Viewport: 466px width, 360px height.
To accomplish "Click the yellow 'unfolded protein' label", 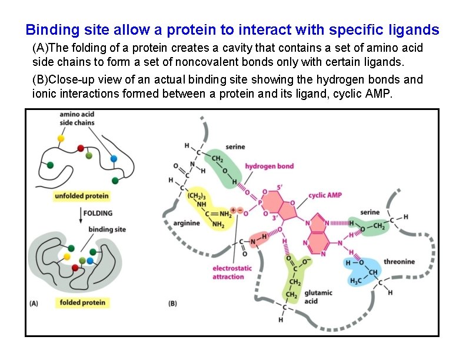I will (82, 195).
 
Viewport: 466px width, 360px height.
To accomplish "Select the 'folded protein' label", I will (82, 302).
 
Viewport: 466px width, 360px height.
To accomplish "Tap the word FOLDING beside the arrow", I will (98, 212).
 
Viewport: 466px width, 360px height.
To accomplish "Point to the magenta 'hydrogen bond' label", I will (269, 166).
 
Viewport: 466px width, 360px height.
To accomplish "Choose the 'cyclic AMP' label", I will (325, 195).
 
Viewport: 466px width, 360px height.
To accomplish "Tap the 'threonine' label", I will (399, 262).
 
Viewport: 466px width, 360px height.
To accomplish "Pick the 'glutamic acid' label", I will (318, 296).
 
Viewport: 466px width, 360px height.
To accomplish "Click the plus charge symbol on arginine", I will (234, 210).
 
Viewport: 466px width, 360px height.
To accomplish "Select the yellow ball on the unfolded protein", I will (61, 138).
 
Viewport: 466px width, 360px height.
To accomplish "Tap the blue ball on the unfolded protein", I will (114, 159).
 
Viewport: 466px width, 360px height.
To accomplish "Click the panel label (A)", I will (34, 304).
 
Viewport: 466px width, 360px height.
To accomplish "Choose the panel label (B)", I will (173, 304).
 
